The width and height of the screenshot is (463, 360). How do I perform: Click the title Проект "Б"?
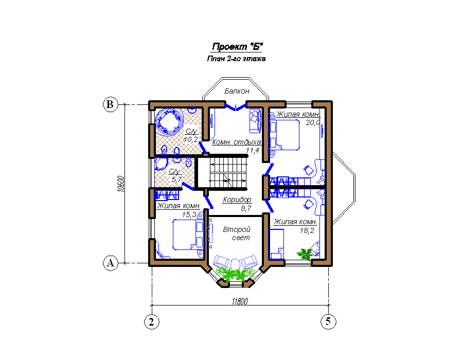tap(237, 47)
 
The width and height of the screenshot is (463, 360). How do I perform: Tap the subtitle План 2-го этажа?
tap(236, 59)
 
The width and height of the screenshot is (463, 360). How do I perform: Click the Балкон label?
tap(237, 91)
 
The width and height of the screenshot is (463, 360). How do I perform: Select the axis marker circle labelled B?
tap(110, 104)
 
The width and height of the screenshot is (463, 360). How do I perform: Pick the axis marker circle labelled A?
tap(111, 263)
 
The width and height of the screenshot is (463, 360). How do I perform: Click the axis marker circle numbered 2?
tap(151, 321)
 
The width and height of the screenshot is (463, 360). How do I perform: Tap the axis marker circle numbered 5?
tap(328, 321)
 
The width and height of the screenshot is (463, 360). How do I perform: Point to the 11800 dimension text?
tap(240, 301)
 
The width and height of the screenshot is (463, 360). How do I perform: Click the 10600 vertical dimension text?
tap(120, 184)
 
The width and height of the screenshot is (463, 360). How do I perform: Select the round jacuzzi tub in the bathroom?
tap(169, 121)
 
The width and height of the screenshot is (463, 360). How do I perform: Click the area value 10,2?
tap(190, 139)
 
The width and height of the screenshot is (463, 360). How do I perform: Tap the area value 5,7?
tap(176, 179)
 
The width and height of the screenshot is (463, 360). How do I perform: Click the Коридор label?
tap(237, 200)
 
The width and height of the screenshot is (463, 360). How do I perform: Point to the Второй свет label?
tap(237, 233)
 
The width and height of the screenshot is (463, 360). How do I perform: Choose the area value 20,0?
tap(313, 122)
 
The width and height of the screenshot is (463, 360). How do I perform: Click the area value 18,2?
tap(307, 231)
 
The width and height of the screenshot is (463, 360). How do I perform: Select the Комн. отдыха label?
tap(237, 142)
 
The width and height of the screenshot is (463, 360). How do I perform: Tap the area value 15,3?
tap(189, 214)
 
